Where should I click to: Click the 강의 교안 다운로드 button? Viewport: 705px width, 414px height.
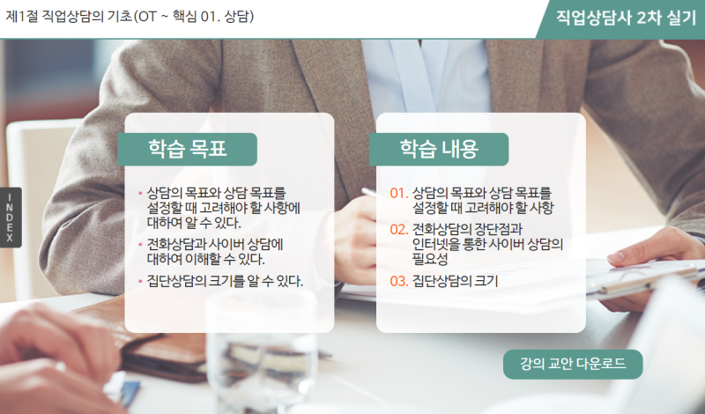pyautogui.click(x=573, y=364)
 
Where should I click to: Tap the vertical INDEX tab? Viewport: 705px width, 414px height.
pyautogui.click(x=11, y=217)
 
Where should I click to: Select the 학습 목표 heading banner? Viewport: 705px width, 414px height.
pyautogui.click(x=187, y=149)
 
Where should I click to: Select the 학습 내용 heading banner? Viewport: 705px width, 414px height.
pyautogui.click(x=439, y=149)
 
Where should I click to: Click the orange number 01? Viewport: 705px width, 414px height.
pyautogui.click(x=399, y=193)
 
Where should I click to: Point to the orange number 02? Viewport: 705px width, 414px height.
pyautogui.click(x=399, y=229)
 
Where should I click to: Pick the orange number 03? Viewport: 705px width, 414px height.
pyautogui.click(x=399, y=281)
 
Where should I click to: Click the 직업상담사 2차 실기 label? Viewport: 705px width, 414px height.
pyautogui.click(x=626, y=18)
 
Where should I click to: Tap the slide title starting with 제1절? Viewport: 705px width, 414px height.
pyautogui.click(x=130, y=17)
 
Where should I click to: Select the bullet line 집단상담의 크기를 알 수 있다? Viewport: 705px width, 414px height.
pyautogui.click(x=225, y=281)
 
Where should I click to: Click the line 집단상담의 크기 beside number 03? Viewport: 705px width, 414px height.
pyautogui.click(x=455, y=281)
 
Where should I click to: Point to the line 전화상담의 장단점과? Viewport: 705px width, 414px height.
pyautogui.click(x=467, y=229)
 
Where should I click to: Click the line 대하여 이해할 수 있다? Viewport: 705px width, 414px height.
pyautogui.click(x=205, y=259)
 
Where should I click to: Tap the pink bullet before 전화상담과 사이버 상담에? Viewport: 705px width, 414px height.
pyautogui.click(x=140, y=245)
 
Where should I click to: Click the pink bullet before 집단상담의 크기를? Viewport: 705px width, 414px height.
pyautogui.click(x=140, y=282)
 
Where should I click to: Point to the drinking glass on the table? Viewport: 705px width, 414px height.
pyautogui.click(x=262, y=351)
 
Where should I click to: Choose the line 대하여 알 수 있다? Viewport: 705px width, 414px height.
pyautogui.click(x=194, y=223)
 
